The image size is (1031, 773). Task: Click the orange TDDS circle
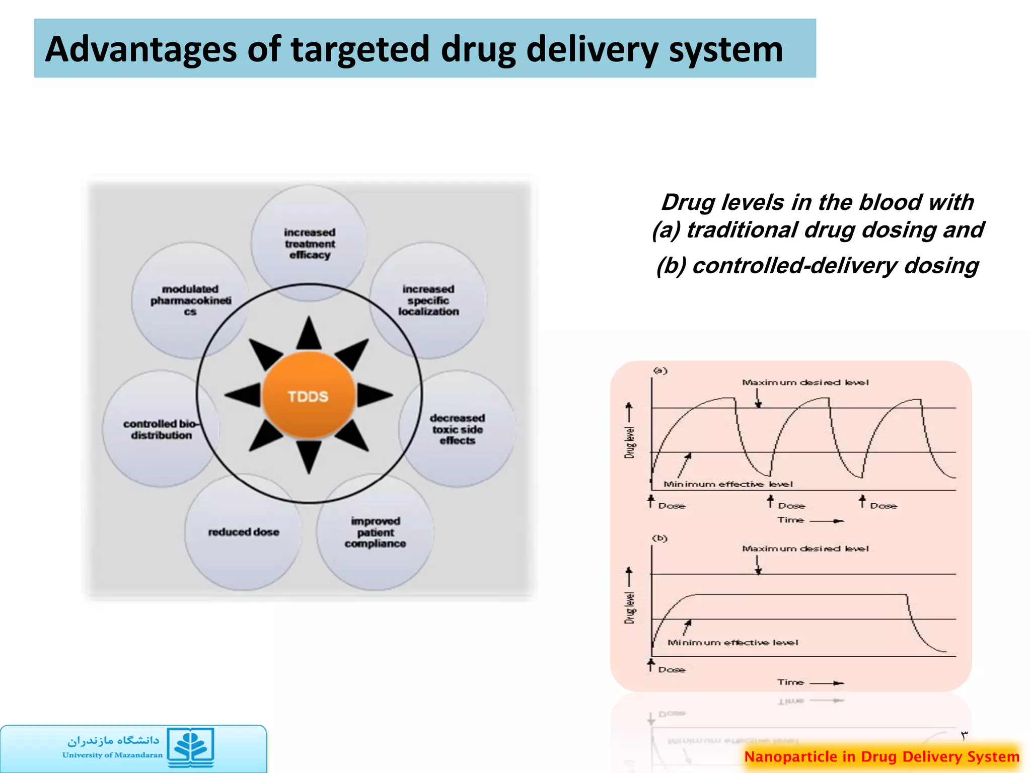308,396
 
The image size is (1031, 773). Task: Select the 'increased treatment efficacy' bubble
309,243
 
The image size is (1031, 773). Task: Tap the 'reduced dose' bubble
243,532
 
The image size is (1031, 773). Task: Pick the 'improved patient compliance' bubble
375,532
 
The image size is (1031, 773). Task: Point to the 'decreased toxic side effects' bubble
457,429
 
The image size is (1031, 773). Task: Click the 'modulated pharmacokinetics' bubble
190,300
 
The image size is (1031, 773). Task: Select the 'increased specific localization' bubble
428,300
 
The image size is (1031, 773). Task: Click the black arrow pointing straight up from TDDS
309,335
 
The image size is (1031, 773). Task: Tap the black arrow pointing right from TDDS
374,395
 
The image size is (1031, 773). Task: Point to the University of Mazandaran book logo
191,747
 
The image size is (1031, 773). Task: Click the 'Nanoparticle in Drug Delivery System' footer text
881,756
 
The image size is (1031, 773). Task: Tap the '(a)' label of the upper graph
660,371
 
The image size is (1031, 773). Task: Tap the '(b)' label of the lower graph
659,538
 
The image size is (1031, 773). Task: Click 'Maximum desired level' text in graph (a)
805,382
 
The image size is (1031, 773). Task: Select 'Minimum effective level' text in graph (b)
732,643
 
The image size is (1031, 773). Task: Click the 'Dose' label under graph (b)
672,670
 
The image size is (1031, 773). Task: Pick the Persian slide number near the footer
964,736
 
